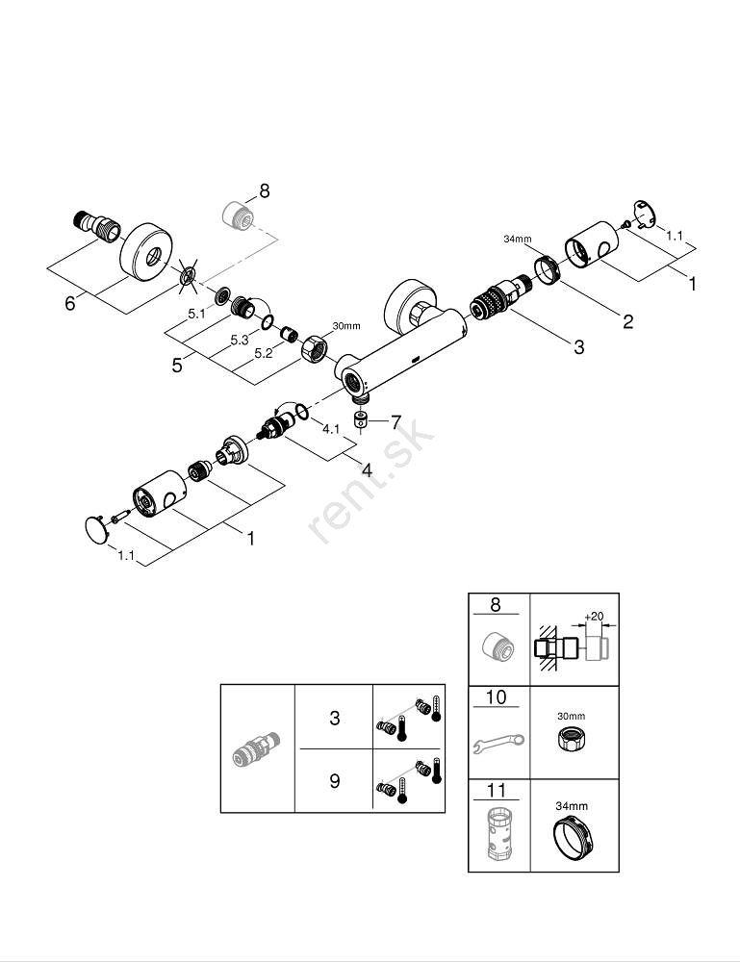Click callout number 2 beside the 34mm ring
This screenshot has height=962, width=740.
click(x=627, y=321)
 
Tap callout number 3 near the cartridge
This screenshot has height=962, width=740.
click(x=578, y=347)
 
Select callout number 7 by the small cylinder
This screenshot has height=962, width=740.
click(x=395, y=421)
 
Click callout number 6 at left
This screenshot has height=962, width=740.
click(x=69, y=302)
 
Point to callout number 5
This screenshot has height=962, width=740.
click(x=177, y=366)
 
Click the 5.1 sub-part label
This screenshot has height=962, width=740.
click(x=196, y=313)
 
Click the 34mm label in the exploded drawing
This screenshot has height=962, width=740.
click(x=517, y=238)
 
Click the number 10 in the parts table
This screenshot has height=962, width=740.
click(x=496, y=696)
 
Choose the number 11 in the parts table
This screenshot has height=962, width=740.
click(x=496, y=790)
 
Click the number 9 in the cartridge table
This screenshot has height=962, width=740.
click(x=334, y=780)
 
